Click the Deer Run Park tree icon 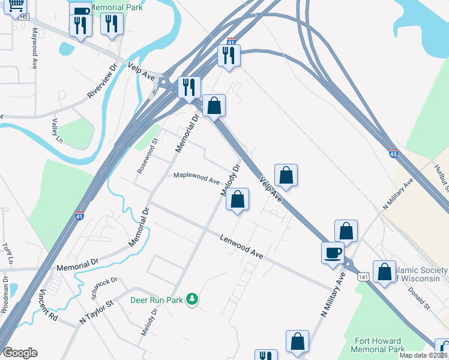click(192, 299)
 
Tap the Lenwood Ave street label click(242, 246)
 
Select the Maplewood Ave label click(196, 178)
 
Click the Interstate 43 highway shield click(393, 154)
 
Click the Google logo click(20, 353)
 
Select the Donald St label click(419, 298)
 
